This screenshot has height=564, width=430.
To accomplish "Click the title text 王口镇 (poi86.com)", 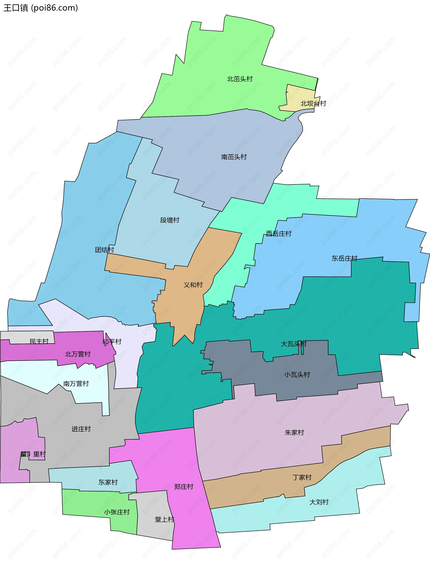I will [41, 8].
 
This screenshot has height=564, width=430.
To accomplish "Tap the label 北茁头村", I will [240, 79].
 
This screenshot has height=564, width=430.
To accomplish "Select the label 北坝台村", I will [313, 104].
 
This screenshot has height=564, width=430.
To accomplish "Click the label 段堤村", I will [170, 220].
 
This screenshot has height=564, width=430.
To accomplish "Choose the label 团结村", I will [104, 250].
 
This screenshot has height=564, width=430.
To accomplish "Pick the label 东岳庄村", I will [344, 258].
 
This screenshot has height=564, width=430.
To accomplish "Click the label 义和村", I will [193, 285].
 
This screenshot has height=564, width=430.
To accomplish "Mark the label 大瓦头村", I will [294, 344].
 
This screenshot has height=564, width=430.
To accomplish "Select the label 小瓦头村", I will [297, 375].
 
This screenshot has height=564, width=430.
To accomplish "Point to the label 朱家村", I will [294, 433].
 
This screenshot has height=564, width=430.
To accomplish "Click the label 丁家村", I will [302, 478].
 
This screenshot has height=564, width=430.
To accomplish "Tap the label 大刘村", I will [319, 502].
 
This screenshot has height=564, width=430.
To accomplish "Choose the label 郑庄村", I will [183, 487].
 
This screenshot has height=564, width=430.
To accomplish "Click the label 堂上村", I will [164, 519].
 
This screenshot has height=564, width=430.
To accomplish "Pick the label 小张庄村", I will [117, 512].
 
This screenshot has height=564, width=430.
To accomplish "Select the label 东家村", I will [108, 482].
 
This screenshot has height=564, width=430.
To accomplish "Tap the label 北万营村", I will [78, 354].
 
